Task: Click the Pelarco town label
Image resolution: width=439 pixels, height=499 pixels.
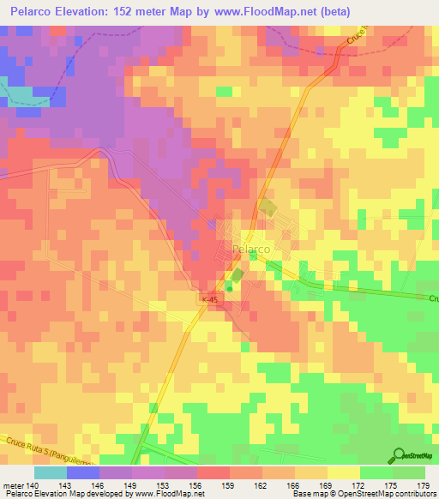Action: tap(251, 249)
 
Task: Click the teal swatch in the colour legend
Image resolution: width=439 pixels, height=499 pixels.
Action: tap(50, 472)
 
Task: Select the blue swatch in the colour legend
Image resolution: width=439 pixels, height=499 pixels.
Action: tap(82, 472)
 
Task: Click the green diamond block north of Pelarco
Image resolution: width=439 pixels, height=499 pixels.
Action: tap(268, 207)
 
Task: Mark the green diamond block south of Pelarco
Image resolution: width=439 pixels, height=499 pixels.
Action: tap(236, 275)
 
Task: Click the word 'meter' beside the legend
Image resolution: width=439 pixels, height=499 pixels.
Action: tap(15, 485)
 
